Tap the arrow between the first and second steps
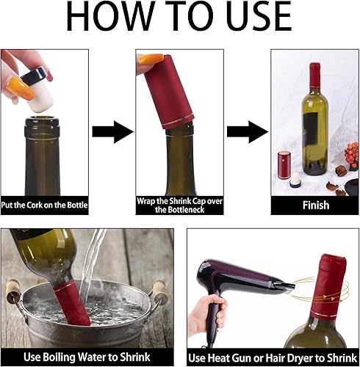point(112,131)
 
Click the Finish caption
point(315,206)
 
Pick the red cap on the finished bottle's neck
point(315,77)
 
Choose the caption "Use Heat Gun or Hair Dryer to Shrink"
point(273,357)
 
